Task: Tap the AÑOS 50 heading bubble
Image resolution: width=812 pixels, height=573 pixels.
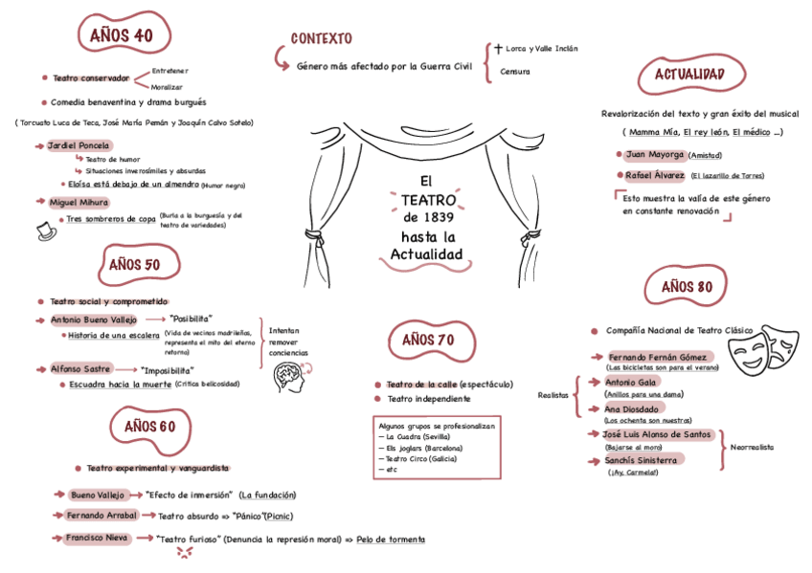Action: pos(134,264)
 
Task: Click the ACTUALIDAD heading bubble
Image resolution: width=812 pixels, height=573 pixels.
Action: pos(688,75)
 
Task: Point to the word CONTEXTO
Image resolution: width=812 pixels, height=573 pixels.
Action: pos(321,38)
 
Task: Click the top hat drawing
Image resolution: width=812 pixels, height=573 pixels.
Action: pos(44,230)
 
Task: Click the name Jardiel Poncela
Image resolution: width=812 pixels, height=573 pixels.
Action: pos(79,145)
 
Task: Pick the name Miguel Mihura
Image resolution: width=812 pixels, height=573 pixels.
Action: pos(79,202)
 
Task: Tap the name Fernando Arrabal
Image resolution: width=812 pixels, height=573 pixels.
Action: pos(102,515)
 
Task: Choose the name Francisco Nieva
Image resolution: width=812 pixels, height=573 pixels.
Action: pos(97,538)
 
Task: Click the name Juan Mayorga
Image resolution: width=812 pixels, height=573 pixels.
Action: pos(654,154)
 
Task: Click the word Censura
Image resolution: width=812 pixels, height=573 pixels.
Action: pos(514,72)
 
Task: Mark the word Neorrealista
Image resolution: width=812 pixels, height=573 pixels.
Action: pos(752,447)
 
